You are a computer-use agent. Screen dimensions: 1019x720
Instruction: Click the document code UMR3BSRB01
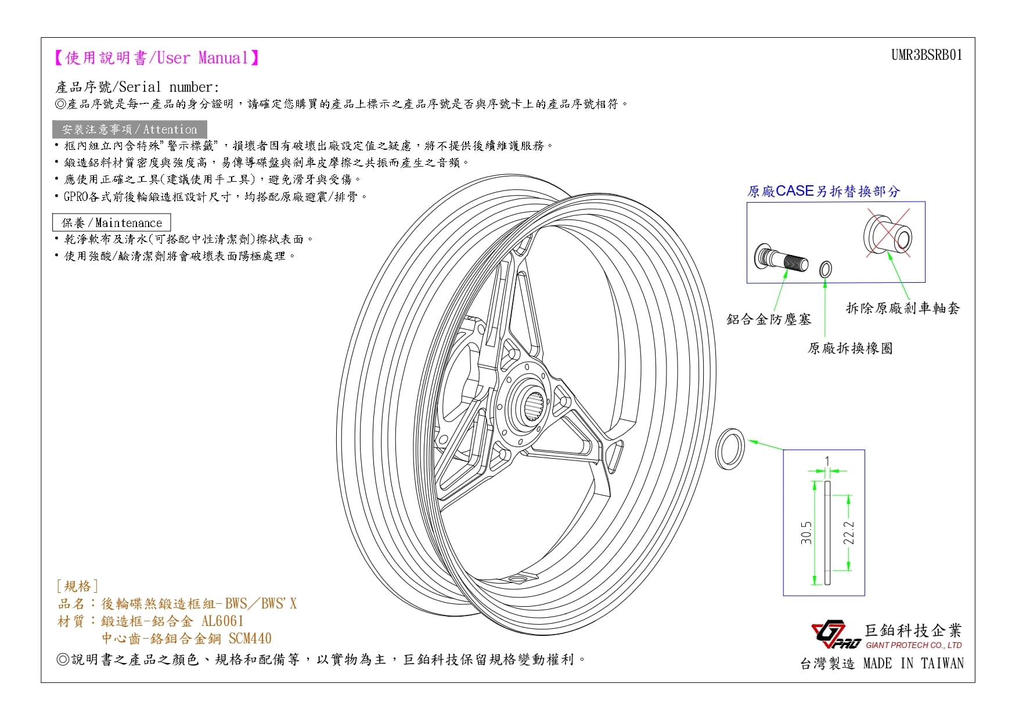pyautogui.click(x=927, y=55)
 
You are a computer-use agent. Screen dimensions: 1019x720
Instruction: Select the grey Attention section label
pyautogui.click(x=129, y=129)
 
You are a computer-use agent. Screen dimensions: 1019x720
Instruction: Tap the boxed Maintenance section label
pyautogui.click(x=112, y=223)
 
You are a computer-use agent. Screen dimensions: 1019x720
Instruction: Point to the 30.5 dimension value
pyautogui.click(x=806, y=533)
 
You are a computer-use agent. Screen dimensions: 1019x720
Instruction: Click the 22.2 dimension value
pyautogui.click(x=849, y=533)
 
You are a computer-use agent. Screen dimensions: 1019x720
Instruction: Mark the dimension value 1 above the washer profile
pyautogui.click(x=827, y=462)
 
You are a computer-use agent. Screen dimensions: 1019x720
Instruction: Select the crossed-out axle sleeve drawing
pyautogui.click(x=887, y=235)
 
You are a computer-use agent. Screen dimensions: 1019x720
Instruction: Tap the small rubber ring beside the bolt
pyautogui.click(x=825, y=269)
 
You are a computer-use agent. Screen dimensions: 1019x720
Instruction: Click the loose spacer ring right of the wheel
pyautogui.click(x=729, y=449)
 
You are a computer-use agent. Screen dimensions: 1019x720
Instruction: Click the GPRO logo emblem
pyautogui.click(x=836, y=636)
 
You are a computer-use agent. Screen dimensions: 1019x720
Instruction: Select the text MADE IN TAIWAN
pyautogui.click(x=913, y=664)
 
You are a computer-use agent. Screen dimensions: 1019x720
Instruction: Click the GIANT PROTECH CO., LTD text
pyautogui.click(x=914, y=645)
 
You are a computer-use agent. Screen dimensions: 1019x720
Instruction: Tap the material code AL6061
pyautogui.click(x=222, y=621)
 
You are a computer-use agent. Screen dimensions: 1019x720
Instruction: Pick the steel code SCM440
pyautogui.click(x=250, y=639)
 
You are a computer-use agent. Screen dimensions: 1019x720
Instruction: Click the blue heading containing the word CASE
pyautogui.click(x=823, y=191)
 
